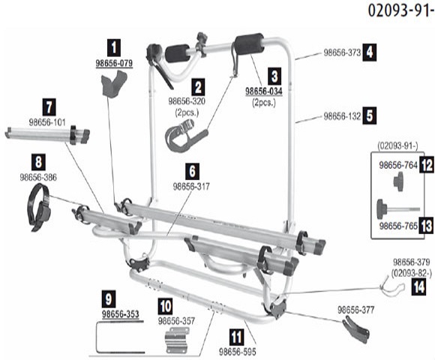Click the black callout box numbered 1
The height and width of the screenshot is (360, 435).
click(x=114, y=48)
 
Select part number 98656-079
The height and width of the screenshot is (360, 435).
click(x=114, y=63)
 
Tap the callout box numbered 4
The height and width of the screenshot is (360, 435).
click(x=370, y=52)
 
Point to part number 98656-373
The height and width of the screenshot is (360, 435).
click(x=342, y=52)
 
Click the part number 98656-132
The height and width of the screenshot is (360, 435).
click(x=342, y=116)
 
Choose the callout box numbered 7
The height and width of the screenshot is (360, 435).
click(x=49, y=106)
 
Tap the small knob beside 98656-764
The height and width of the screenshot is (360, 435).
click(x=398, y=181)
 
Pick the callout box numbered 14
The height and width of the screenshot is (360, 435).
click(x=419, y=287)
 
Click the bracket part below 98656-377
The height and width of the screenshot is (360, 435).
click(x=356, y=331)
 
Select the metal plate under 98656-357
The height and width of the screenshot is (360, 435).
click(x=177, y=340)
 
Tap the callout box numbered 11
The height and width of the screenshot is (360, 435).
click(x=237, y=337)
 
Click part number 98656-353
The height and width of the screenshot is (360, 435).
click(x=121, y=314)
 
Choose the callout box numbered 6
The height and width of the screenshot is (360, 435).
click(x=192, y=172)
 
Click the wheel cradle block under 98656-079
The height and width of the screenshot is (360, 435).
click(x=114, y=84)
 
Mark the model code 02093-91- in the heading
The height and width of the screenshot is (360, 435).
click(x=401, y=11)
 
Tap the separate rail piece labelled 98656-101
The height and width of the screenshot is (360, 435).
click(x=47, y=135)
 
